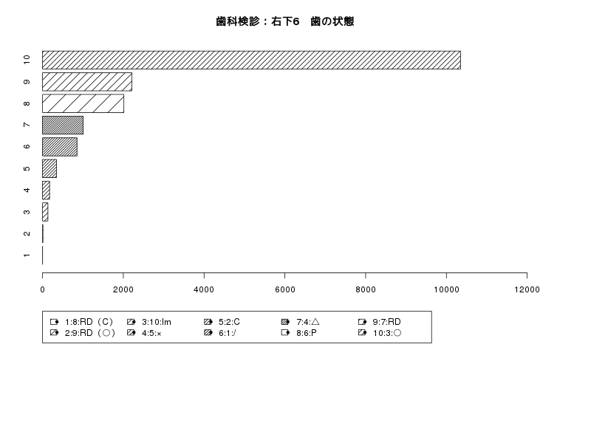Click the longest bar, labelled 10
[251, 60]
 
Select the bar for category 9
[87, 82]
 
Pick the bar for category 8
[83, 103]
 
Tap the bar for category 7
[63, 125]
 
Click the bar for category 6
[60, 147]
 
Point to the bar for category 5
[49, 168]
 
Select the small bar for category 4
[46, 190]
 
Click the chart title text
[285, 21]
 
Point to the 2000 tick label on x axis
[123, 289]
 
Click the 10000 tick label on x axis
[446, 289]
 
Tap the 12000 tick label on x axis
[527, 289]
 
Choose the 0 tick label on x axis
[42, 289]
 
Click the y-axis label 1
[27, 255]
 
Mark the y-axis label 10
[27, 60]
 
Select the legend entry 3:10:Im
[149, 322]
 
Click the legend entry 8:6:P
[299, 333]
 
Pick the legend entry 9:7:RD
[380, 322]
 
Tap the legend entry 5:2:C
[222, 322]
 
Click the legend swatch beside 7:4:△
[285, 322]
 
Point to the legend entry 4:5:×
[144, 333]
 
